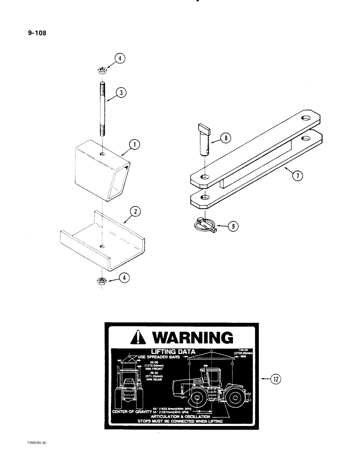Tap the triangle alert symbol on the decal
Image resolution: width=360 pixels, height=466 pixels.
point(139,338)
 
